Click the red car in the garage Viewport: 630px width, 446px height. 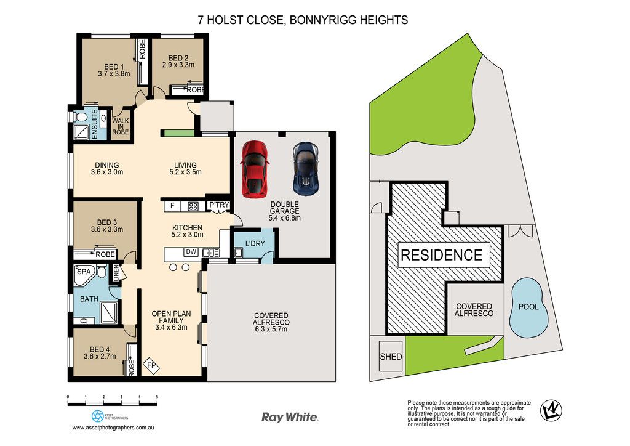[255, 169]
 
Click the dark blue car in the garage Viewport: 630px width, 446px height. [306, 169]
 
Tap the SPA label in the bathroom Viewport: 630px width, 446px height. [84, 272]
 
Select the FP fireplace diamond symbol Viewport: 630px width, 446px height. [151, 367]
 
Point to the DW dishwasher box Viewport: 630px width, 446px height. [191, 252]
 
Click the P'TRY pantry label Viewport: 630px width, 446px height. [219, 205]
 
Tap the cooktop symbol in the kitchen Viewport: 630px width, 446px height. [193, 206]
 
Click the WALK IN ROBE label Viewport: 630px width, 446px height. [121, 126]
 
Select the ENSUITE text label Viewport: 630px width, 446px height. [95, 124]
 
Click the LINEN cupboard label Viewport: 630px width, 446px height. [116, 273]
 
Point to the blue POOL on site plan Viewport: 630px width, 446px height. [528, 307]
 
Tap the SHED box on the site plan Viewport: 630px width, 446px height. [391, 356]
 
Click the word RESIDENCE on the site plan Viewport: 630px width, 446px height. [442, 255]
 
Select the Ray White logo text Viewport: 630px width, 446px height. [290, 417]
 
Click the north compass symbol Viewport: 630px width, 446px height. [551, 411]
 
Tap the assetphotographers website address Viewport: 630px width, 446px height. [113, 428]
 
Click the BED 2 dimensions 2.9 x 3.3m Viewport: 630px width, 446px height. [178, 64]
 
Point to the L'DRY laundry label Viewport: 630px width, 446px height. [255, 243]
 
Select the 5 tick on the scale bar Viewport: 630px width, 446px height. [157, 397]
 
